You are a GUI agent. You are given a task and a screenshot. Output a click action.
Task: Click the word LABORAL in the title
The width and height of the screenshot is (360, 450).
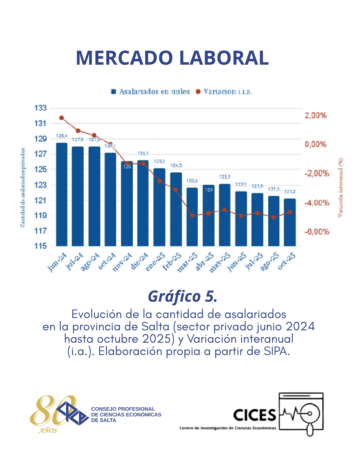pos(224,58)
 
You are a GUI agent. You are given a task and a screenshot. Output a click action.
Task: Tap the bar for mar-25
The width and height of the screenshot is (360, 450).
pos(192,217)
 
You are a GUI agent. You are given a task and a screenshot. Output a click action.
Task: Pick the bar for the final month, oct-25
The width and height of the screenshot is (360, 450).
pos(290,222)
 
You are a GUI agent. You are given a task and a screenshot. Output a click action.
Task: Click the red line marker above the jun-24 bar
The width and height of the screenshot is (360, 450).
pos(62,118)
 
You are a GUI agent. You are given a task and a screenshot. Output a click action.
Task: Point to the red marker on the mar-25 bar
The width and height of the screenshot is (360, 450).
pos(192,215)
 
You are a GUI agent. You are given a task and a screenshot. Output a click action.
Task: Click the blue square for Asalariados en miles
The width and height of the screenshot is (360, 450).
pos(114,92)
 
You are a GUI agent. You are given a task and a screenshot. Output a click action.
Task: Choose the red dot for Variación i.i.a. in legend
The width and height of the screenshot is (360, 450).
pos(198,92)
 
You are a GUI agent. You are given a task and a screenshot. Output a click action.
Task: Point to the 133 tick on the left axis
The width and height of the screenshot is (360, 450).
pos(40,108)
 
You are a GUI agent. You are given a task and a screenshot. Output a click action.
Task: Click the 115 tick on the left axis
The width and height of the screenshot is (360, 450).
pos(40,246)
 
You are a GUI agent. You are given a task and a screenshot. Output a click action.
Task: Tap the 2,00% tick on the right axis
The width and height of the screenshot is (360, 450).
pos(316,116)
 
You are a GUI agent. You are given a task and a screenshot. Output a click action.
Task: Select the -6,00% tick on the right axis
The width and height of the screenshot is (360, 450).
pos(316,232)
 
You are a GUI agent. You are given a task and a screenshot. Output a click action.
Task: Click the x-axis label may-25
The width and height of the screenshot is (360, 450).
pos(220,262)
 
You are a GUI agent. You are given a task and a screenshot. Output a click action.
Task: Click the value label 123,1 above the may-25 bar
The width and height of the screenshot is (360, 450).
pos(225,177)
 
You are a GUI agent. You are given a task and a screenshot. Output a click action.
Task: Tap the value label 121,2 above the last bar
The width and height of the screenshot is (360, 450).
pos(290,192)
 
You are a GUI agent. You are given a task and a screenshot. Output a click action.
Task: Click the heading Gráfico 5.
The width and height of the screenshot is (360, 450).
pos(183,296)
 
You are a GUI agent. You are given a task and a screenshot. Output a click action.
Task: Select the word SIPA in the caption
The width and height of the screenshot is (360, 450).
pos(276,351)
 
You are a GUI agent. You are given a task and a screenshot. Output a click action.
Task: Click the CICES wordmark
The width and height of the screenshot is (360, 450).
pos(255,415)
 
